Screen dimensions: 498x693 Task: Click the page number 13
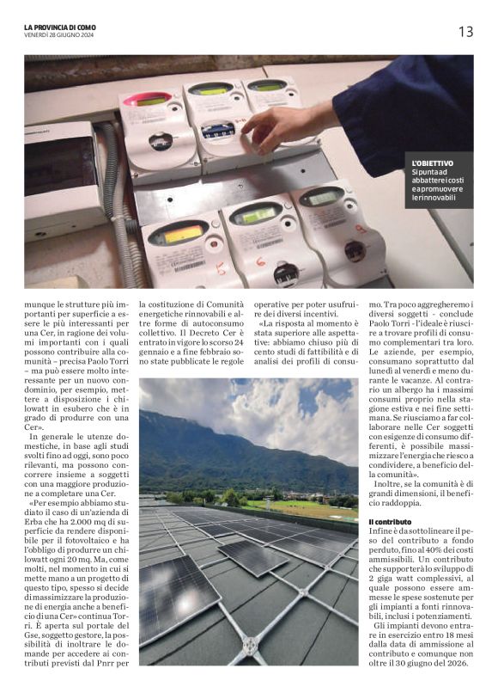(465, 32)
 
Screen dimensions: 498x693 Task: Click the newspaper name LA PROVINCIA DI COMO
(60, 27)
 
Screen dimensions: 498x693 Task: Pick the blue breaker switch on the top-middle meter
(218, 132)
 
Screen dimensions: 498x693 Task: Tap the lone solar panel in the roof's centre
(252, 556)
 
